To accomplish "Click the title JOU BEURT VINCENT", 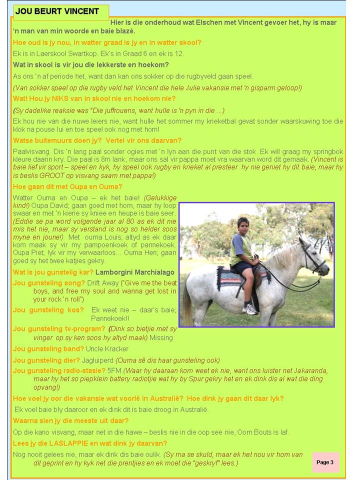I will tap(57, 11).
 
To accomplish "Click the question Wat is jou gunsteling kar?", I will tap(53, 272).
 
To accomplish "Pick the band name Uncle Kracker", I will tap(107, 348).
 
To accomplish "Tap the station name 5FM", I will tap(114, 371).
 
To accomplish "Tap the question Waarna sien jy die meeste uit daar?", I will tap(70, 420).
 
